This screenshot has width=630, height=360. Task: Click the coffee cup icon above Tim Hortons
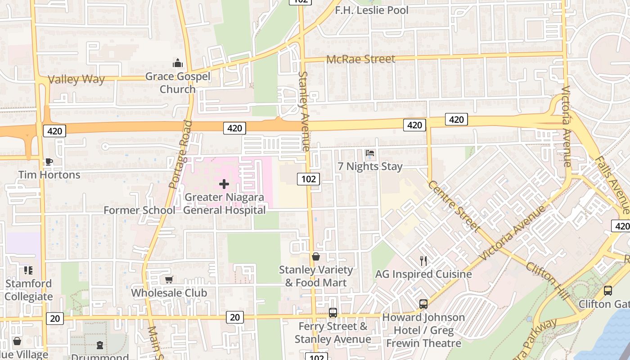pyautogui.click(x=49, y=162)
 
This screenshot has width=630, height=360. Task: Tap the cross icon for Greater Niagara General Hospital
pyautogui.click(x=224, y=184)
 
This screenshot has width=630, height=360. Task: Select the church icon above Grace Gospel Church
pyautogui.click(x=178, y=63)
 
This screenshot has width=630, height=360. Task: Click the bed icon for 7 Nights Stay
pyautogui.click(x=370, y=153)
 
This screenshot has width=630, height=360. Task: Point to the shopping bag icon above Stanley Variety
pyautogui.click(x=316, y=256)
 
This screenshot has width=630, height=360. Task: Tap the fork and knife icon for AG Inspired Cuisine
pyautogui.click(x=423, y=261)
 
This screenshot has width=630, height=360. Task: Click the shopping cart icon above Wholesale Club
pyautogui.click(x=169, y=279)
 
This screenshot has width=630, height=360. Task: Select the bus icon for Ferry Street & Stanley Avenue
pyautogui.click(x=333, y=312)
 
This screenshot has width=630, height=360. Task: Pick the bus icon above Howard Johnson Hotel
pyautogui.click(x=423, y=304)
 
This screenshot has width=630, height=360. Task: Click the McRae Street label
pyautogui.click(x=360, y=59)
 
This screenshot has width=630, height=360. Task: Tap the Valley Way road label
pyautogui.click(x=76, y=80)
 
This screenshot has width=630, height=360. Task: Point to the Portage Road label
pyautogui.click(x=180, y=154)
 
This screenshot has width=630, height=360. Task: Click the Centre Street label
pyautogui.click(x=454, y=206)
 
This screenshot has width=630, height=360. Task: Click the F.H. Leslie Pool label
pyautogui.click(x=372, y=10)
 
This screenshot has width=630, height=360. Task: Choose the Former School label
pyautogui.click(x=139, y=210)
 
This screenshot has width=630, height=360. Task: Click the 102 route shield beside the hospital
pyautogui.click(x=308, y=179)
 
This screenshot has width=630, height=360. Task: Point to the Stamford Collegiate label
pyautogui.click(x=29, y=290)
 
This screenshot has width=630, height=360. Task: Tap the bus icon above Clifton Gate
pyautogui.click(x=608, y=291)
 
